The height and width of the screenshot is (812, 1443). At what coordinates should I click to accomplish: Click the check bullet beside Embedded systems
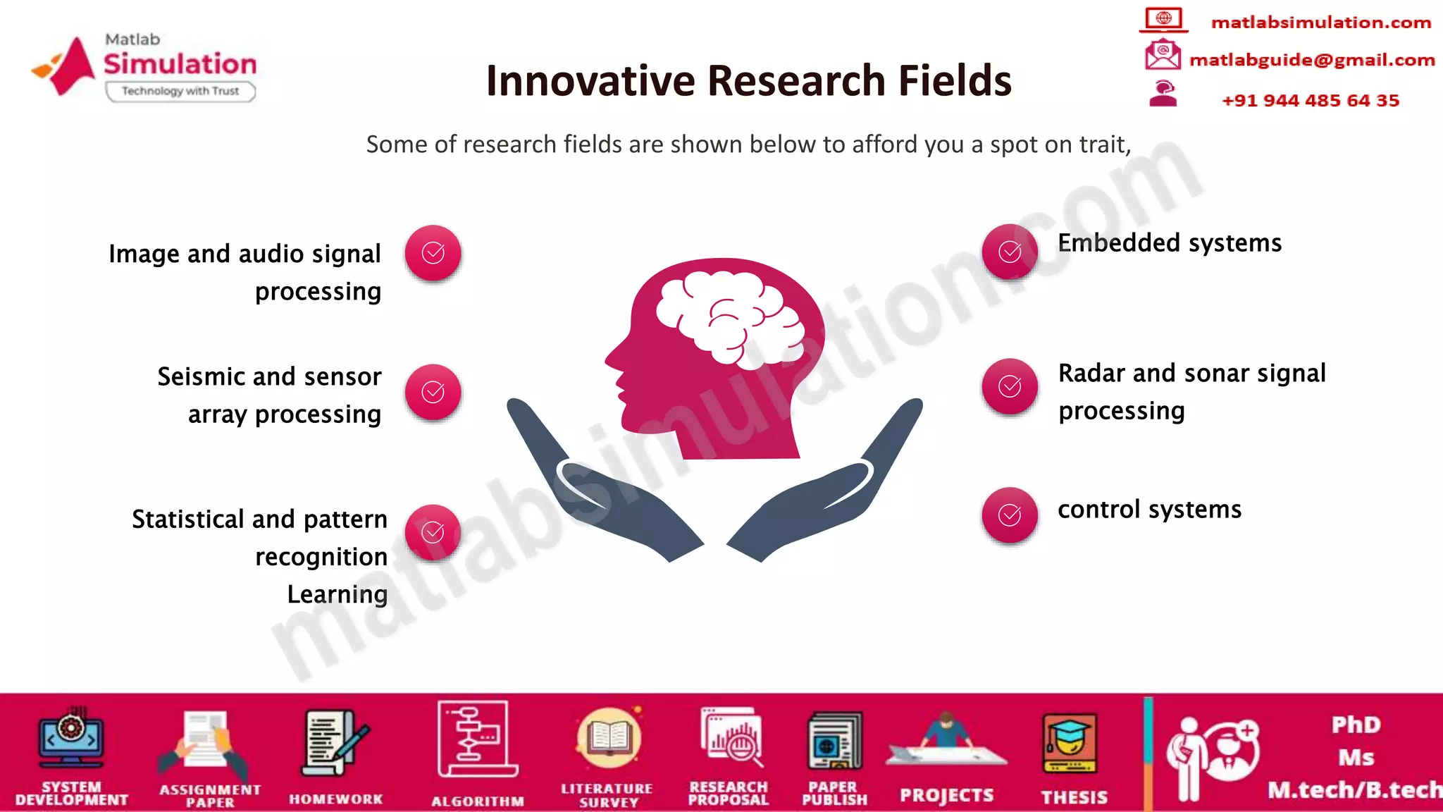1010,252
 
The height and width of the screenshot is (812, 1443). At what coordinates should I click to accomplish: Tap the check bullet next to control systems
1010,515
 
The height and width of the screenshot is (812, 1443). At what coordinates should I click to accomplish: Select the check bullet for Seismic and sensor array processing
433,392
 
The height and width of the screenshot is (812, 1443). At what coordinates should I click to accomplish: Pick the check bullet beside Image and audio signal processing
433,253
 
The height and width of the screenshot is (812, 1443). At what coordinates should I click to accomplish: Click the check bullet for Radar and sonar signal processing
1010,386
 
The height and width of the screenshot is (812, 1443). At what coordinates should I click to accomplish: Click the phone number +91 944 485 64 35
1311,101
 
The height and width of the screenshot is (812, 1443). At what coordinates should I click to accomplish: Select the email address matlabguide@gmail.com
1312,60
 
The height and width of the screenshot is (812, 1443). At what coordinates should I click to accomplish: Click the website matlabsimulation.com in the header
1321,23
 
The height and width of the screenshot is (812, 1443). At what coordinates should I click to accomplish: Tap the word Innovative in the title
590,80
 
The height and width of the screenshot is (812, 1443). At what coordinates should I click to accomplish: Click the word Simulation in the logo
180,64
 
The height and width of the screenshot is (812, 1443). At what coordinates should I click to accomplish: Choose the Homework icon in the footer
335,743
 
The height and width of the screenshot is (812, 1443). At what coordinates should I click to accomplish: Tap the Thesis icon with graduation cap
1070,744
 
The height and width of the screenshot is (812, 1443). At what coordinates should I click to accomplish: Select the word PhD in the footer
1356,725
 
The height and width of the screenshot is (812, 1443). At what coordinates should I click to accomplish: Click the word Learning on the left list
337,594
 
